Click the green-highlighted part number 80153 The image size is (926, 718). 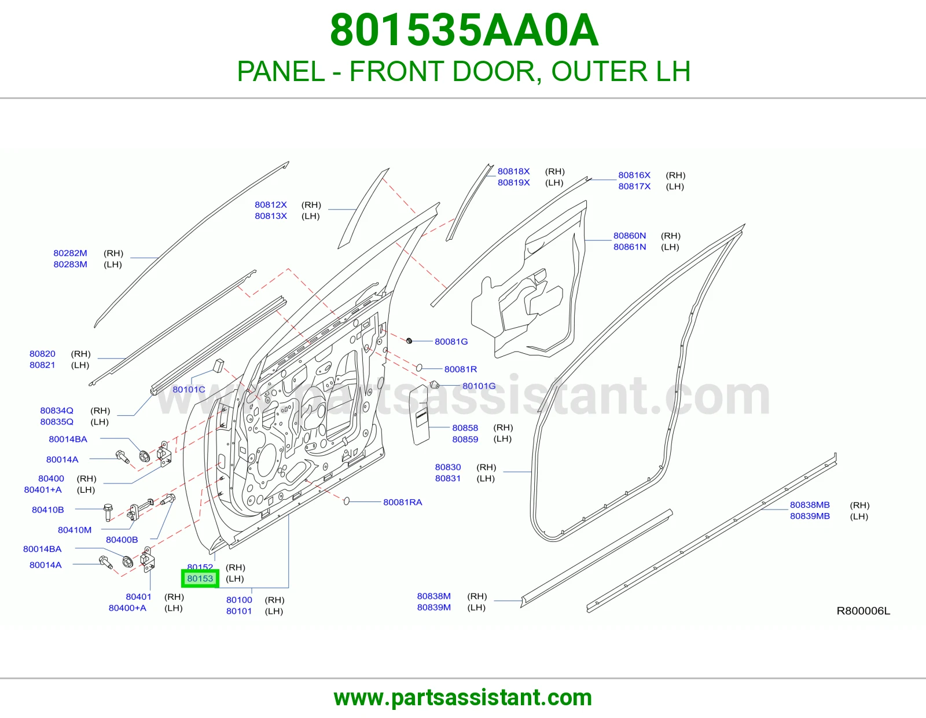tap(200, 578)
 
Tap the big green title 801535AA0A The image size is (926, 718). tap(464, 30)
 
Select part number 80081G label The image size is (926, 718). tap(451, 342)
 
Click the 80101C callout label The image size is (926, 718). tap(189, 389)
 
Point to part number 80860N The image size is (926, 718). tap(630, 235)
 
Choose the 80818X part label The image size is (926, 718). tap(513, 171)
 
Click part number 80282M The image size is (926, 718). tap(70, 253)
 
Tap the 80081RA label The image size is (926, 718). tap(403, 502)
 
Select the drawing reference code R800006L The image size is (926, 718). tap(863, 611)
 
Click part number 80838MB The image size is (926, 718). tap(810, 505)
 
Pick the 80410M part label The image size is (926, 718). tap(75, 530)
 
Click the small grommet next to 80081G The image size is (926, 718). tap(409, 341)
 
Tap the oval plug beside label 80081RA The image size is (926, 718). tap(347, 501)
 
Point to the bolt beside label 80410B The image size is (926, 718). tap(108, 512)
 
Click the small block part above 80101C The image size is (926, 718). tap(218, 365)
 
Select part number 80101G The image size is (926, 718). tap(479, 386)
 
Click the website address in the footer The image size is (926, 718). tap(463, 698)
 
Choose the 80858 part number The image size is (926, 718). tap(465, 428)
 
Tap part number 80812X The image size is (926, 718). tap(271, 204)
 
